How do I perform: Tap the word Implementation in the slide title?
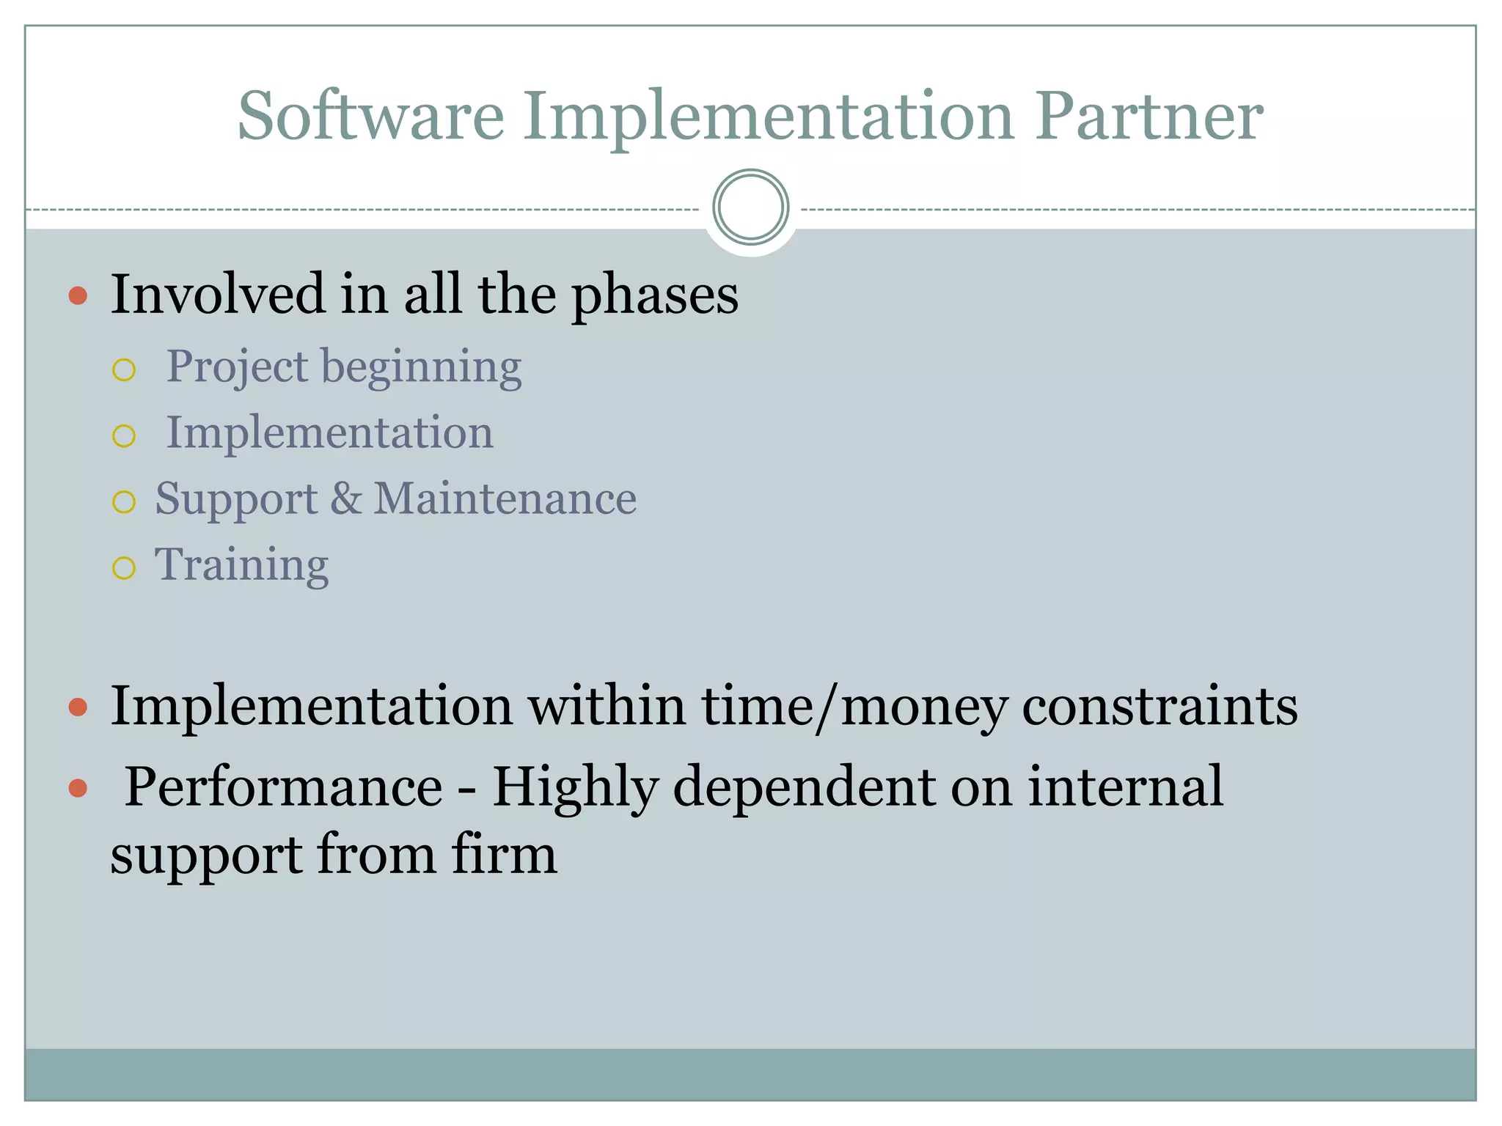pyautogui.click(x=769, y=117)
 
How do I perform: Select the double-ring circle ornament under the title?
pyautogui.click(x=750, y=207)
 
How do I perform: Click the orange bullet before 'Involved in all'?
pyautogui.click(x=78, y=296)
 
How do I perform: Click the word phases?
pyautogui.click(x=655, y=296)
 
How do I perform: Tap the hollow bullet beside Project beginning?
pyautogui.click(x=124, y=369)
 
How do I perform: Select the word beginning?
pyautogui.click(x=422, y=368)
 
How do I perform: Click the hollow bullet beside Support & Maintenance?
pyautogui.click(x=124, y=502)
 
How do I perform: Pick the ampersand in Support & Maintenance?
pyautogui.click(x=345, y=498)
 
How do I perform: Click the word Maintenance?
pyautogui.click(x=505, y=498)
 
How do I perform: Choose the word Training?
pyautogui.click(x=241, y=566)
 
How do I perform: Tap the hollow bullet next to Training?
pyautogui.click(x=124, y=568)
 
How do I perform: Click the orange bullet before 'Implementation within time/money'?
pyautogui.click(x=78, y=707)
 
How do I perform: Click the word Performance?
pyautogui.click(x=283, y=787)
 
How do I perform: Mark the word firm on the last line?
pyautogui.click(x=505, y=854)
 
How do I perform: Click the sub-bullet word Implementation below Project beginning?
pyautogui.click(x=330, y=433)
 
